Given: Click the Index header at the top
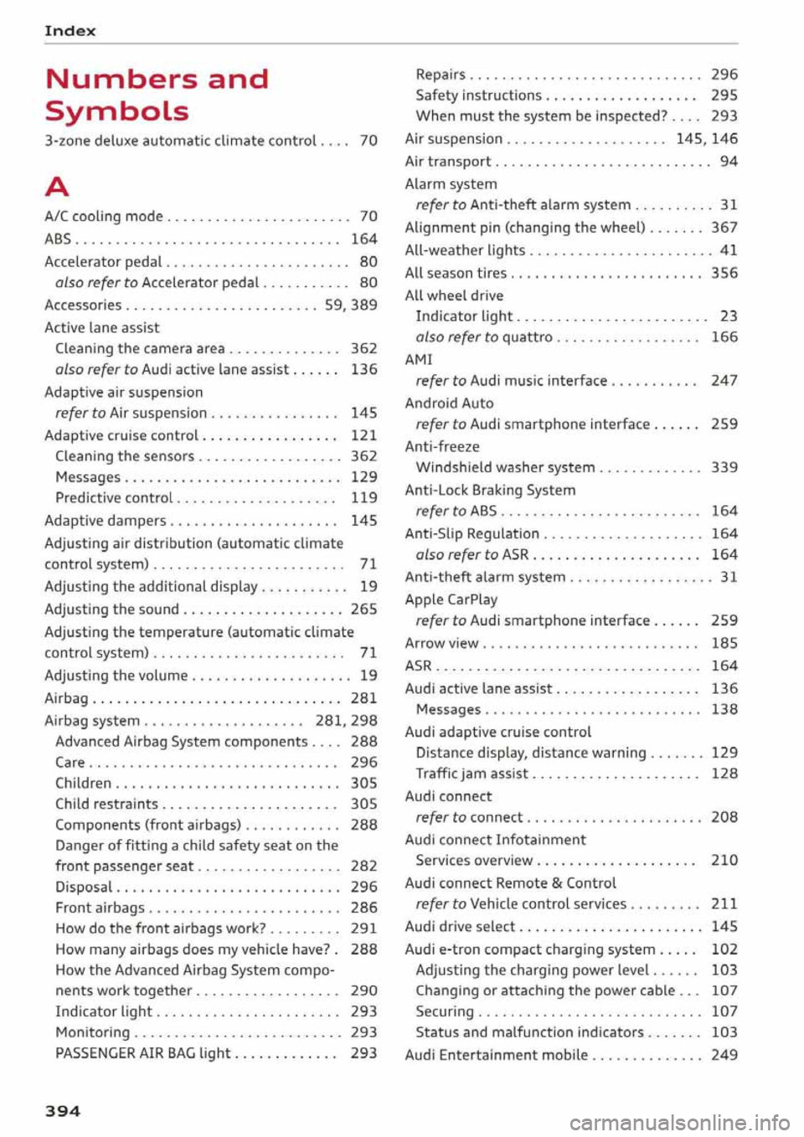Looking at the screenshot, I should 70,31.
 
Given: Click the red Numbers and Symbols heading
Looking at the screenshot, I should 157,95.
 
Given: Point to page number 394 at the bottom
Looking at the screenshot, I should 63,1111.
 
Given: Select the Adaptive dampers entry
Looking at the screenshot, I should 106,521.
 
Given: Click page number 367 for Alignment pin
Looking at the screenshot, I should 724,228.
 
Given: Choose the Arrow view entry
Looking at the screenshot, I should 441,644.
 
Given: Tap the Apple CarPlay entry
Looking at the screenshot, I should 451,599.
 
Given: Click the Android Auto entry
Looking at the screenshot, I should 449,404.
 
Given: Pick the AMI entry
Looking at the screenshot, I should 419,359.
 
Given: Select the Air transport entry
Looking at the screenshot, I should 448,162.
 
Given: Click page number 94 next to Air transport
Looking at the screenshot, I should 729,162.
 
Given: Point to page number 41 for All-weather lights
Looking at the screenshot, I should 729,250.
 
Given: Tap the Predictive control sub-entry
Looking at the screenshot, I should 113,498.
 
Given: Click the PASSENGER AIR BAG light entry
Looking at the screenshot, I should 142,1053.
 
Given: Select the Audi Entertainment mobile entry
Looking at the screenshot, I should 496,1055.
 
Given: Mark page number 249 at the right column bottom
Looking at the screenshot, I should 724,1055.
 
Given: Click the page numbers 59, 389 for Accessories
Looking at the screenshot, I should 350,306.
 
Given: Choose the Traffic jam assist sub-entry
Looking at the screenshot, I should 472,774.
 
